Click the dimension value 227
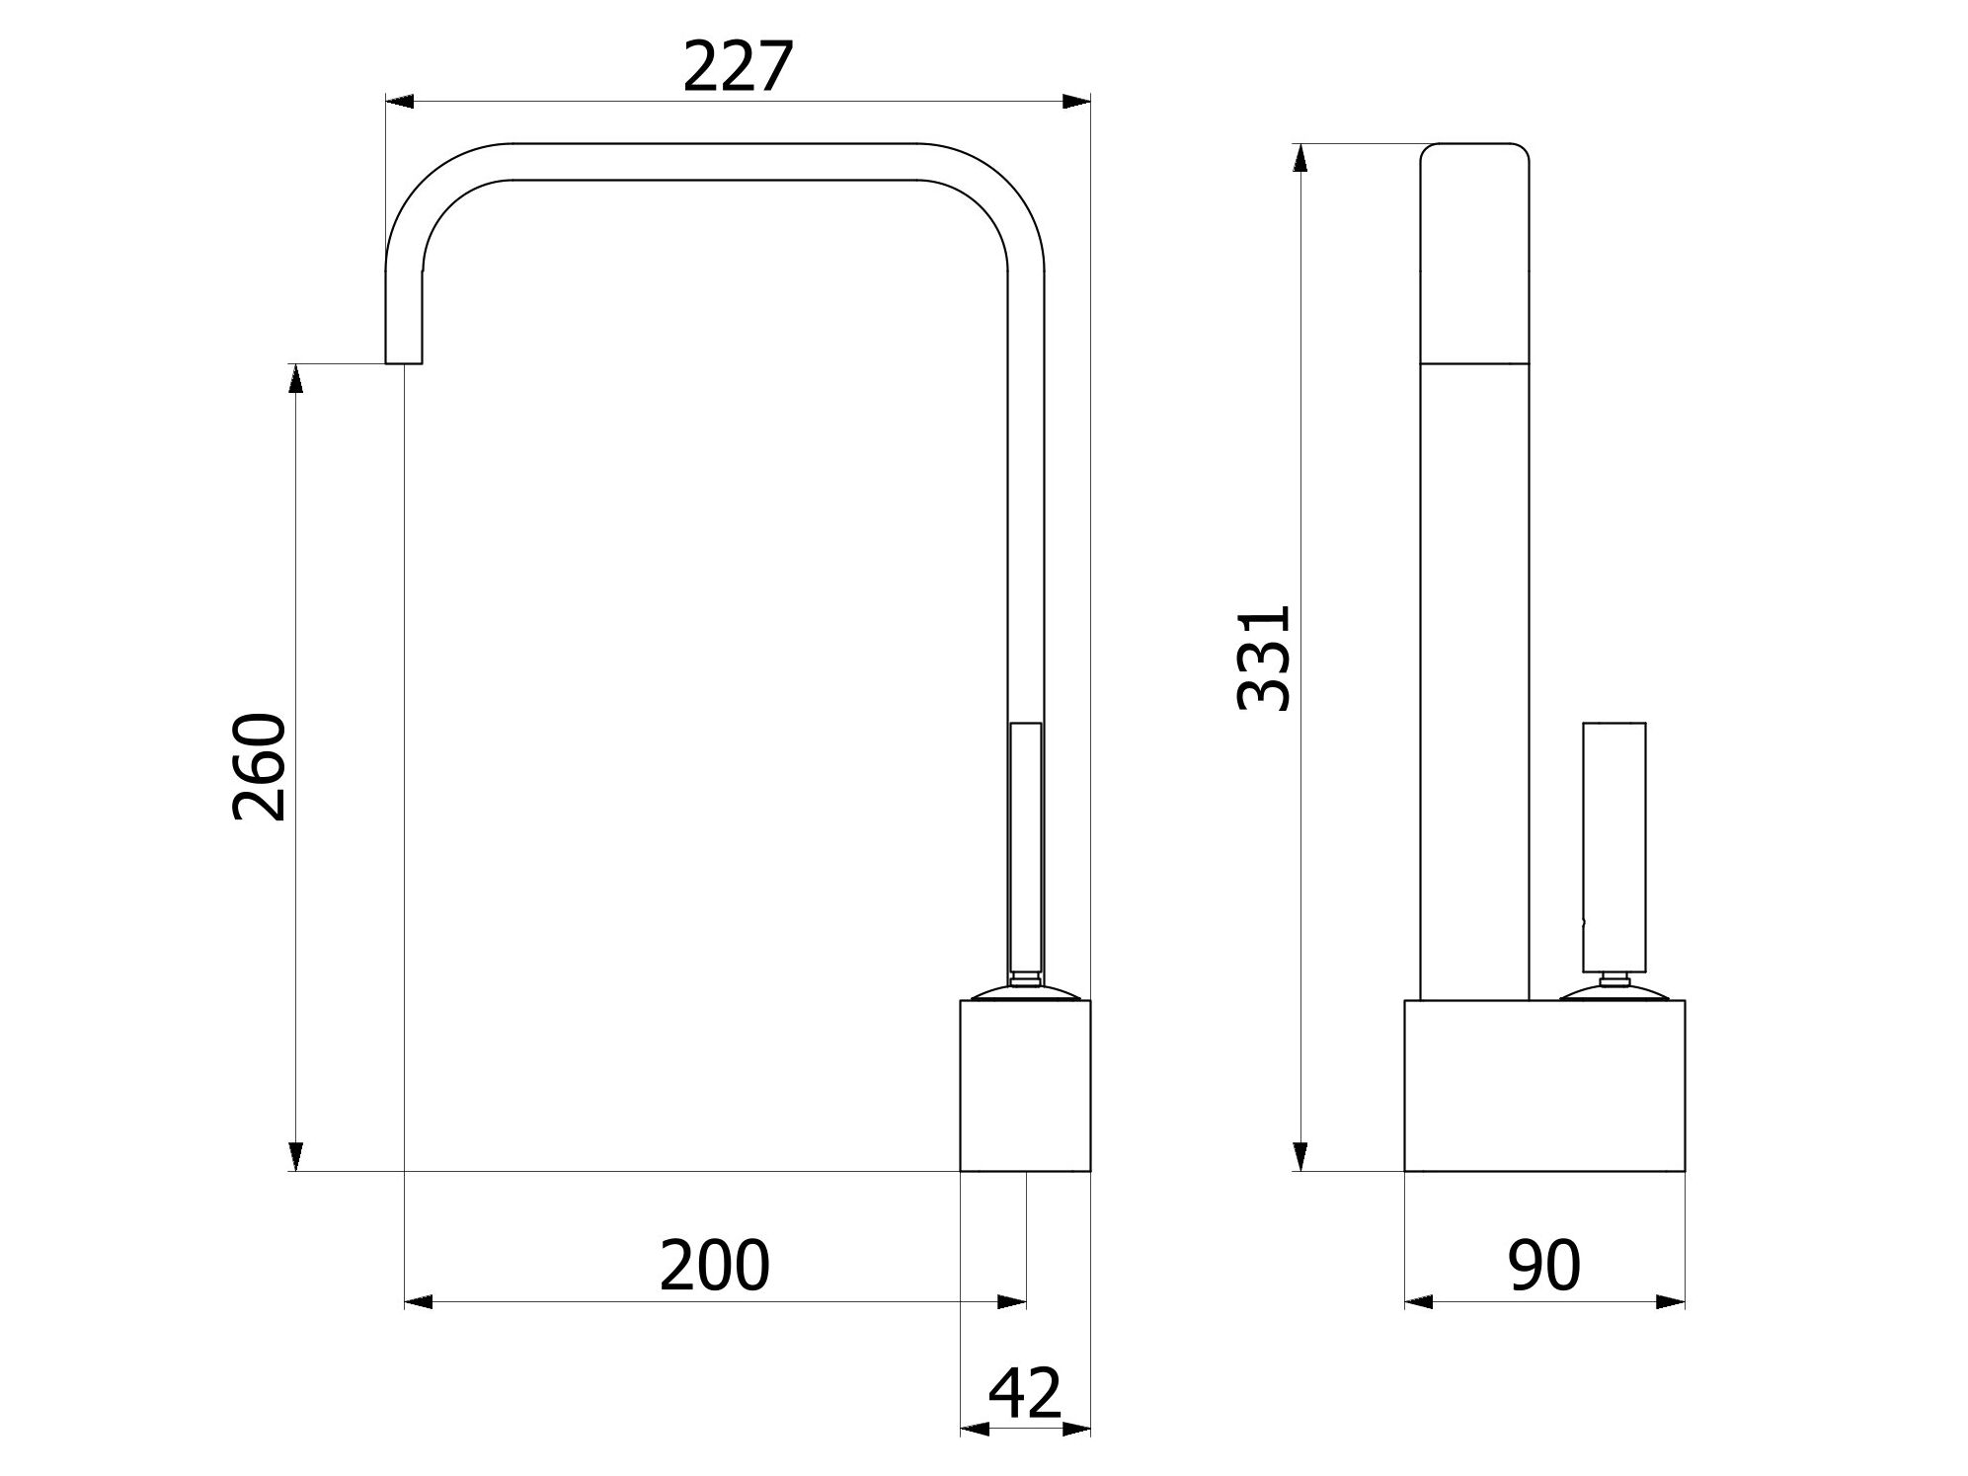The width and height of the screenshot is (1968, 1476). [x=738, y=67]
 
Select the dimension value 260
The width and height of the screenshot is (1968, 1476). [x=259, y=766]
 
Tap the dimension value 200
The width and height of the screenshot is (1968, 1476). [x=714, y=1266]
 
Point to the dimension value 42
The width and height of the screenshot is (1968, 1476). [x=1024, y=1394]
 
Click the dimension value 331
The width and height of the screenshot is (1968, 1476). [x=1264, y=658]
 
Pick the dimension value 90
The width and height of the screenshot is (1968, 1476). [x=1543, y=1266]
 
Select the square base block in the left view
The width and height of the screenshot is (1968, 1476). [x=1025, y=1086]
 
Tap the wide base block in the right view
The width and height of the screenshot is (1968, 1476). [x=1543, y=1086]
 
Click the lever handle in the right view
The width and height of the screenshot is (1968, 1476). [x=1614, y=845]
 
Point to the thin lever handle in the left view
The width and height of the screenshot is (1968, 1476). [x=1026, y=845]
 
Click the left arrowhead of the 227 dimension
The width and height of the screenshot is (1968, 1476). [x=398, y=102]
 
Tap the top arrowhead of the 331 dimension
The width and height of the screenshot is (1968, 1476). [x=1299, y=158]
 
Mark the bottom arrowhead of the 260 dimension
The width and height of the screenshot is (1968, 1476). [x=294, y=1156]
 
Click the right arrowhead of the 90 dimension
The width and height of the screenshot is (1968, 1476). [x=1671, y=1302]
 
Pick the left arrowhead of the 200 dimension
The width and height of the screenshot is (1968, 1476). [x=419, y=1302]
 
